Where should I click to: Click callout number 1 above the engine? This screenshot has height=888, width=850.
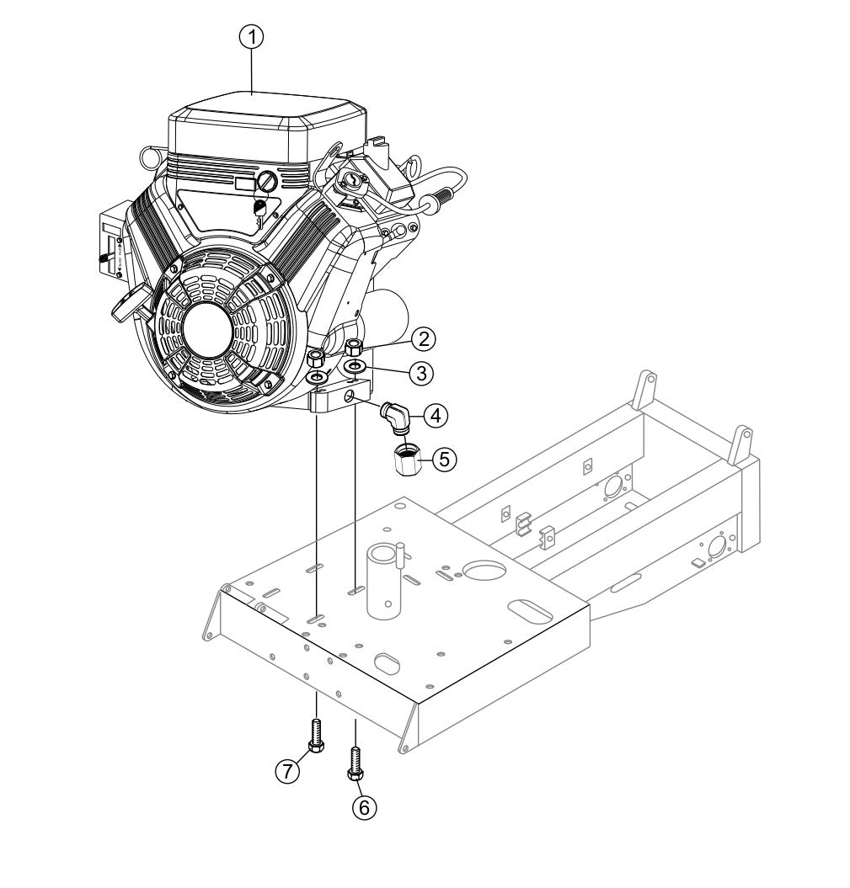click(x=252, y=36)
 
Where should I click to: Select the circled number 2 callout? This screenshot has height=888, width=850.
click(x=424, y=339)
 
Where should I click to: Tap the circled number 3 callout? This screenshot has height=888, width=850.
click(x=424, y=370)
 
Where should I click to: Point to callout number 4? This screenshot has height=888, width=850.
click(x=435, y=414)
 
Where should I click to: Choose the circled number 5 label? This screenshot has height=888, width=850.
click(x=446, y=459)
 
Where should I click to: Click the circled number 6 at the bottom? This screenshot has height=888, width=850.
click(x=364, y=806)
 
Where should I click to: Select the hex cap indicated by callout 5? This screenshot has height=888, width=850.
click(x=407, y=460)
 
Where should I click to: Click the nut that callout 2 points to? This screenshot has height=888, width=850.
click(x=355, y=346)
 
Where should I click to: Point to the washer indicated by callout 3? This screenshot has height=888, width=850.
click(x=356, y=367)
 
